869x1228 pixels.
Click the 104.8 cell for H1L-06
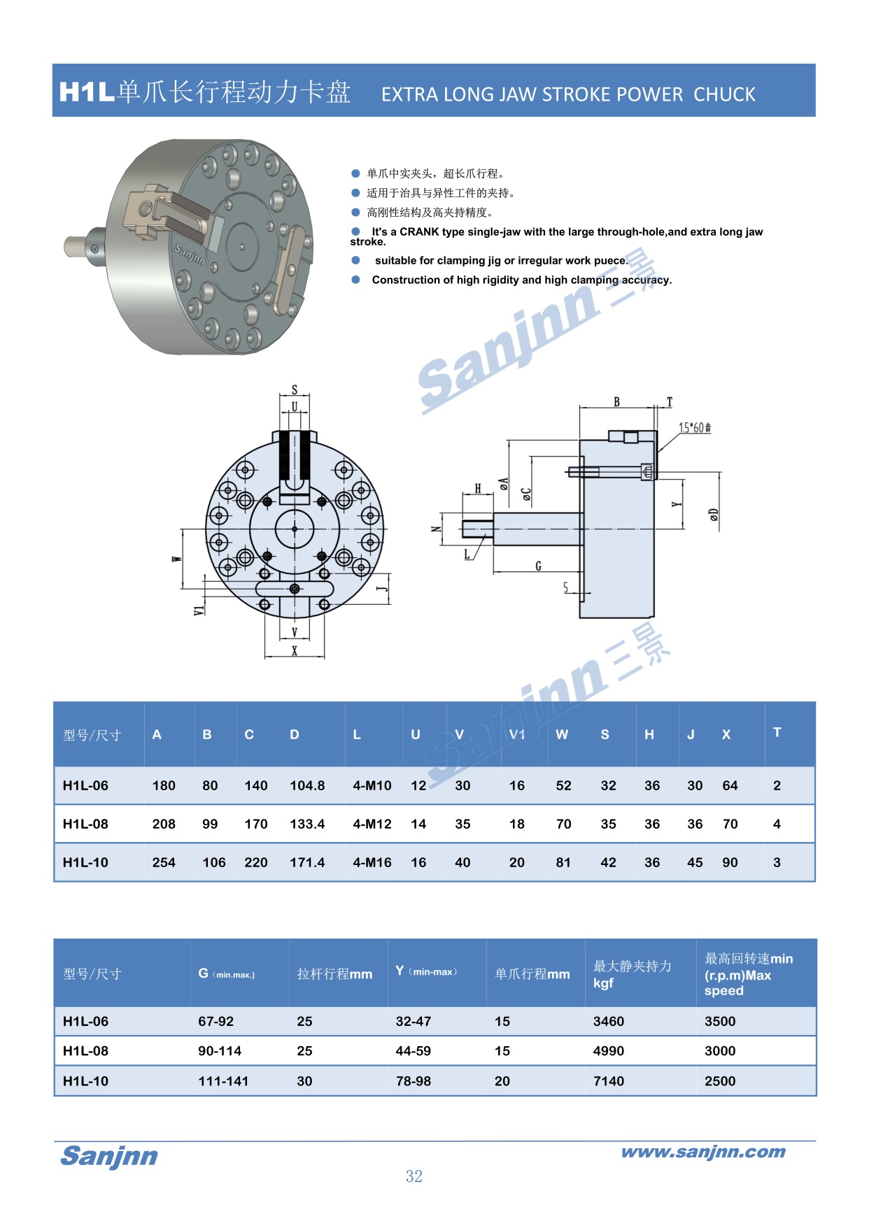(307, 785)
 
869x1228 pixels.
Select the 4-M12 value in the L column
(372, 824)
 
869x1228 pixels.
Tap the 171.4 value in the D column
(307, 862)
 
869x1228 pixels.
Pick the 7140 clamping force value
(608, 1081)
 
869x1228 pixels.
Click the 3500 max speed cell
(720, 1022)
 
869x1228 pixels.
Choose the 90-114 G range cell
(220, 1051)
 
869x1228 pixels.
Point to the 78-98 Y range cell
(413, 1081)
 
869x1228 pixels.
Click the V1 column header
(517, 734)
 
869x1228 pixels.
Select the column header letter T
(777, 732)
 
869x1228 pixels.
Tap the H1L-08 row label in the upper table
(85, 824)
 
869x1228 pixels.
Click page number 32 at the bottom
(414, 1176)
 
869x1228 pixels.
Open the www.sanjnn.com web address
(703, 1152)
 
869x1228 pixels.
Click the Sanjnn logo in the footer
(109, 1156)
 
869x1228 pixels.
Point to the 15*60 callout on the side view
(694, 427)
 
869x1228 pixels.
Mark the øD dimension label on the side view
(713, 515)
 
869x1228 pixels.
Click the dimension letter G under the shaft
(538, 566)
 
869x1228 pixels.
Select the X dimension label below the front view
(295, 650)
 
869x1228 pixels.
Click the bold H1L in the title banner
(87, 92)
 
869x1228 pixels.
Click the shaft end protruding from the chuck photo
(75, 246)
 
